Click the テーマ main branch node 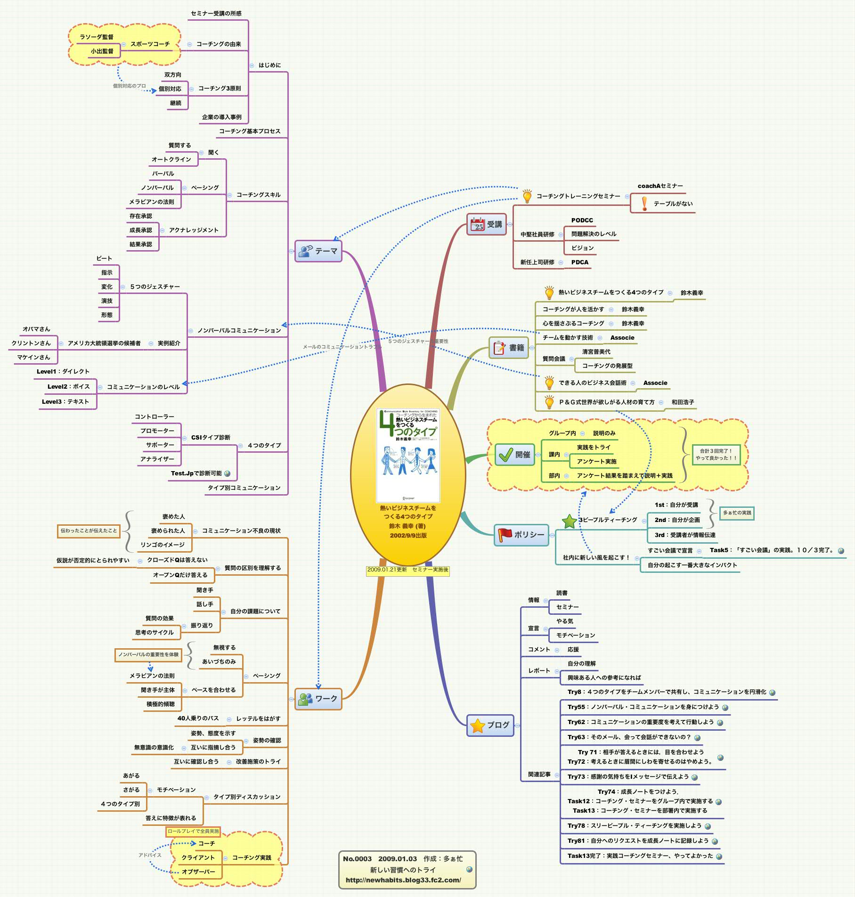click(318, 251)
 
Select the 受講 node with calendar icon click(487, 224)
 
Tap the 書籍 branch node click(509, 348)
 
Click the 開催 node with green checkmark click(514, 455)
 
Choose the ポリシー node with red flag click(521, 535)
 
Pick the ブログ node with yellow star click(490, 725)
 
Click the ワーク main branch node click(318, 699)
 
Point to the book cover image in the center click(408, 455)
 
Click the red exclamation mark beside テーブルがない click(644, 204)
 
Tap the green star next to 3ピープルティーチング click(570, 521)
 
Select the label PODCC click(582, 220)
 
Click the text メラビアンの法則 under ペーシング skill click(152, 202)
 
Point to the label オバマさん click(36, 329)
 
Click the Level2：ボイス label click(68, 386)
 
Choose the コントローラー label click(154, 416)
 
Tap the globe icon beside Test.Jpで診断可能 click(228, 473)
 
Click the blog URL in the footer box click(403, 880)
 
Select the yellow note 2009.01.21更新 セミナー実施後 click(408, 570)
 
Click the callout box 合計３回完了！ click(716, 455)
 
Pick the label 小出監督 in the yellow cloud click(102, 51)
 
